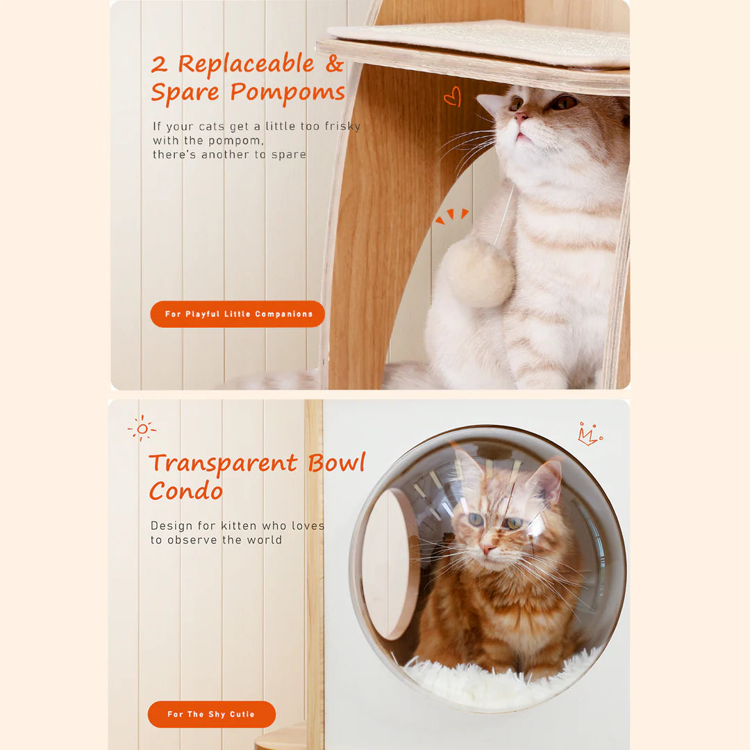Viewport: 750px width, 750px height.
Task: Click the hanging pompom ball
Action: coord(479,272)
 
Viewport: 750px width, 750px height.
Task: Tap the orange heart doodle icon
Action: coord(452,96)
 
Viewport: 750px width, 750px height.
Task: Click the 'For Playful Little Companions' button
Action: coord(237,314)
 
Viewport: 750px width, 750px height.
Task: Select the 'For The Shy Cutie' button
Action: coord(211,714)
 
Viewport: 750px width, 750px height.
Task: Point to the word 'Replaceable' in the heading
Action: coord(246,64)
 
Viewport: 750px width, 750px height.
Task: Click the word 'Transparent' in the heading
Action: coord(223,462)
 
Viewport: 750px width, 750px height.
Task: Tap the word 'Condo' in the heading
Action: coord(186,491)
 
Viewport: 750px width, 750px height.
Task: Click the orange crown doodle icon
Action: coord(589,435)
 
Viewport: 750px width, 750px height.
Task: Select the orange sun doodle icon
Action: coord(142,428)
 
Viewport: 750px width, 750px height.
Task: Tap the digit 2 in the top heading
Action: coord(160,65)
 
